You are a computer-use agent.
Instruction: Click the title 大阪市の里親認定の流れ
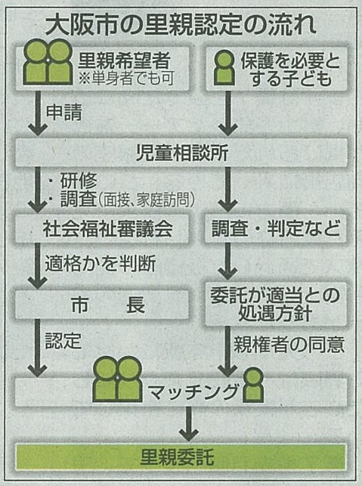tap(181, 25)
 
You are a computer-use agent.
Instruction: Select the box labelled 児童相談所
tap(181, 152)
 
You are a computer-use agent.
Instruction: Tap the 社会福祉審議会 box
tap(102, 229)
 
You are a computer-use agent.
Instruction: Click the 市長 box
tap(102, 305)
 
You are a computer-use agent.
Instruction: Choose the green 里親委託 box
tap(181, 457)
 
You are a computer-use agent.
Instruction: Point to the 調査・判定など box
tap(276, 228)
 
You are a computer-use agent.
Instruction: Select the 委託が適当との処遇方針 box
tap(276, 304)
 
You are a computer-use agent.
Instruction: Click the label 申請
tap(63, 112)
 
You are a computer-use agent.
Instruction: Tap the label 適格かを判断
tap(101, 264)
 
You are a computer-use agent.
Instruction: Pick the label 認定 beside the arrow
tap(63, 341)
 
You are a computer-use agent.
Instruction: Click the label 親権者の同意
tap(289, 345)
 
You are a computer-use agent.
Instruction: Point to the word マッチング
tap(193, 392)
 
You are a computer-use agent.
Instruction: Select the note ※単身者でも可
tap(125, 79)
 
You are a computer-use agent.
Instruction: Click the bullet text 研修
tap(79, 181)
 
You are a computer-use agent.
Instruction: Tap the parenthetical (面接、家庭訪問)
tap(147, 200)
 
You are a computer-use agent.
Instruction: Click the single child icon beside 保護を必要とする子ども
tap(224, 67)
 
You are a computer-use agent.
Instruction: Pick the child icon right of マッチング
tap(253, 385)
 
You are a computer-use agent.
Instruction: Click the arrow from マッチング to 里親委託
tap(188, 424)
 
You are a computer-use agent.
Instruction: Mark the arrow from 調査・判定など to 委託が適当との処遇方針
tap(227, 262)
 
